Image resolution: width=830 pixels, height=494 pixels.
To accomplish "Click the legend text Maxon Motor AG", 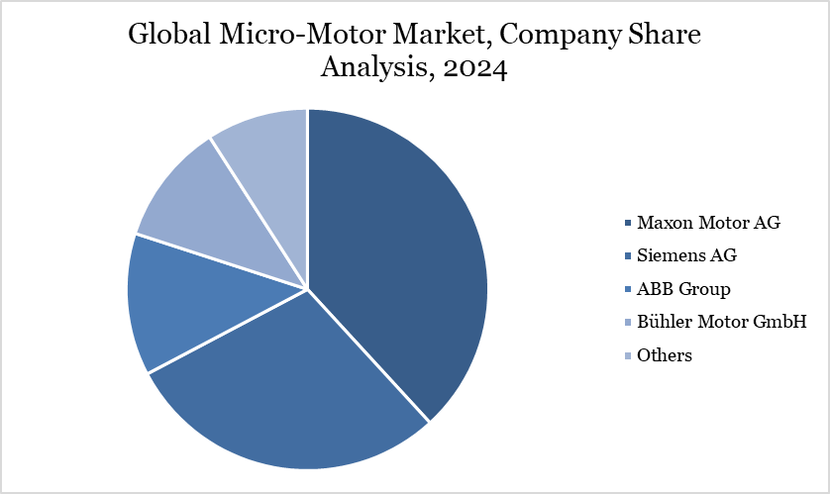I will (x=709, y=222).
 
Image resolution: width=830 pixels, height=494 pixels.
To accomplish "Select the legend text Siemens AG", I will (x=687, y=255).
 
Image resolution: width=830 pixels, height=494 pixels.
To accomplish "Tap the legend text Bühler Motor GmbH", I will (x=721, y=322).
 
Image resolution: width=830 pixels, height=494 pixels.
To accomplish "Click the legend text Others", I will (x=665, y=355).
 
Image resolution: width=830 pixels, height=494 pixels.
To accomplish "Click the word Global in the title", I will (x=168, y=37).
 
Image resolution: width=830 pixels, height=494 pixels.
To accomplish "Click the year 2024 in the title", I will (x=475, y=71).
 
